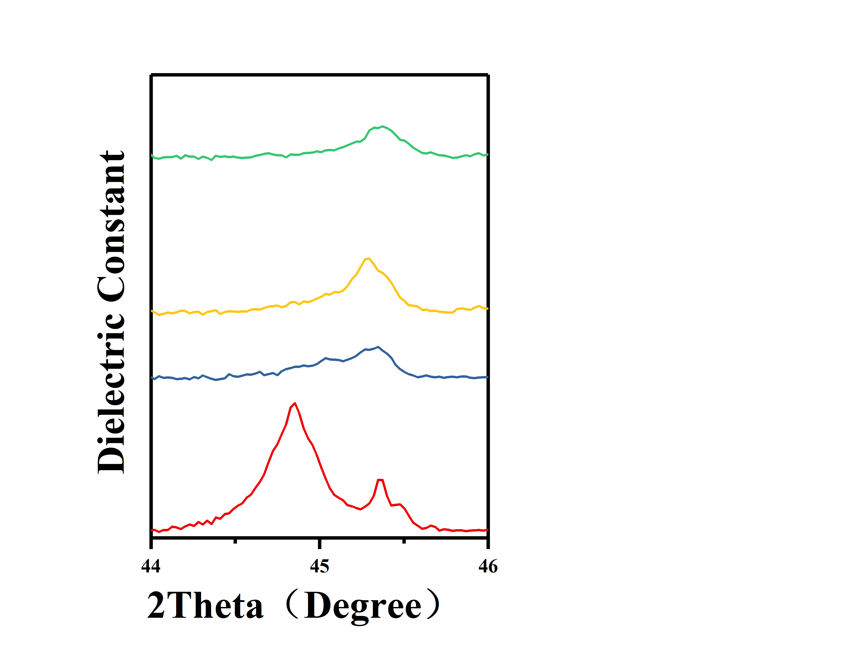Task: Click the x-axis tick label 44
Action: (x=151, y=566)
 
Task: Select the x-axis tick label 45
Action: (x=319, y=566)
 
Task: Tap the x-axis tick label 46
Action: (x=488, y=566)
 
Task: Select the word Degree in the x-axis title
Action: (x=363, y=607)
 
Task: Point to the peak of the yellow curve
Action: (x=368, y=258)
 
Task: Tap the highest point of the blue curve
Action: (x=378, y=347)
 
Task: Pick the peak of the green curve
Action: (x=382, y=126)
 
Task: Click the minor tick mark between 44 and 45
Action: (x=235, y=541)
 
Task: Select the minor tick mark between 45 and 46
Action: (x=404, y=541)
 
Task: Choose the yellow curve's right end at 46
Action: (x=487, y=308)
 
